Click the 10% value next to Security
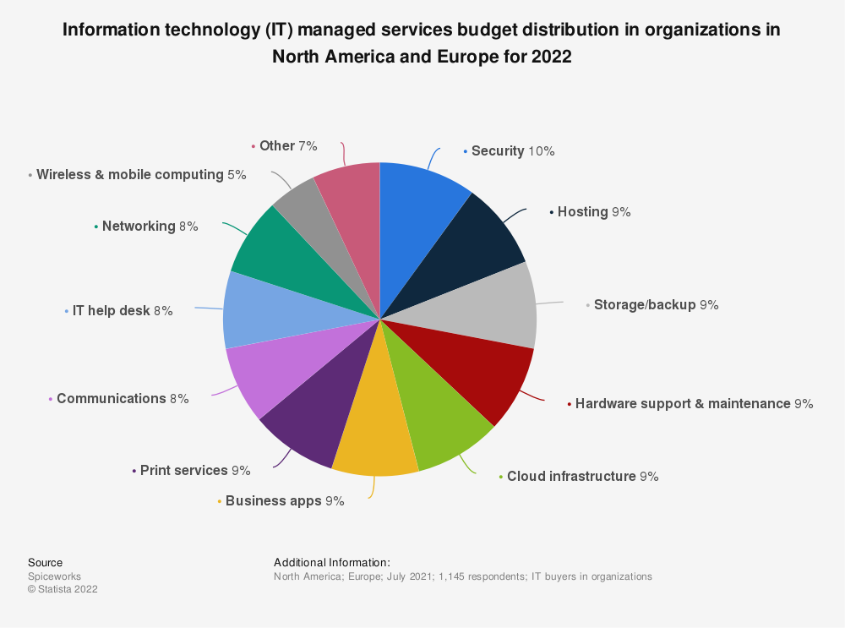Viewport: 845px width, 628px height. [x=541, y=151]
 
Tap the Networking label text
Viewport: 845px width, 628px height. [x=138, y=227]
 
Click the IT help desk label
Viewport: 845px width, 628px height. [x=111, y=311]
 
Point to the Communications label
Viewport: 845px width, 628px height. [x=111, y=398]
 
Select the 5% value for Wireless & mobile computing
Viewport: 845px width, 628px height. [x=236, y=175]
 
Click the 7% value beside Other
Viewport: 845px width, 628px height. [x=308, y=146]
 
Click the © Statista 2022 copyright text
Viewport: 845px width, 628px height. [x=63, y=590]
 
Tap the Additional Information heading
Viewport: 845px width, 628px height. [x=332, y=562]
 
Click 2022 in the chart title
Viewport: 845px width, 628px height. [x=551, y=57]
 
